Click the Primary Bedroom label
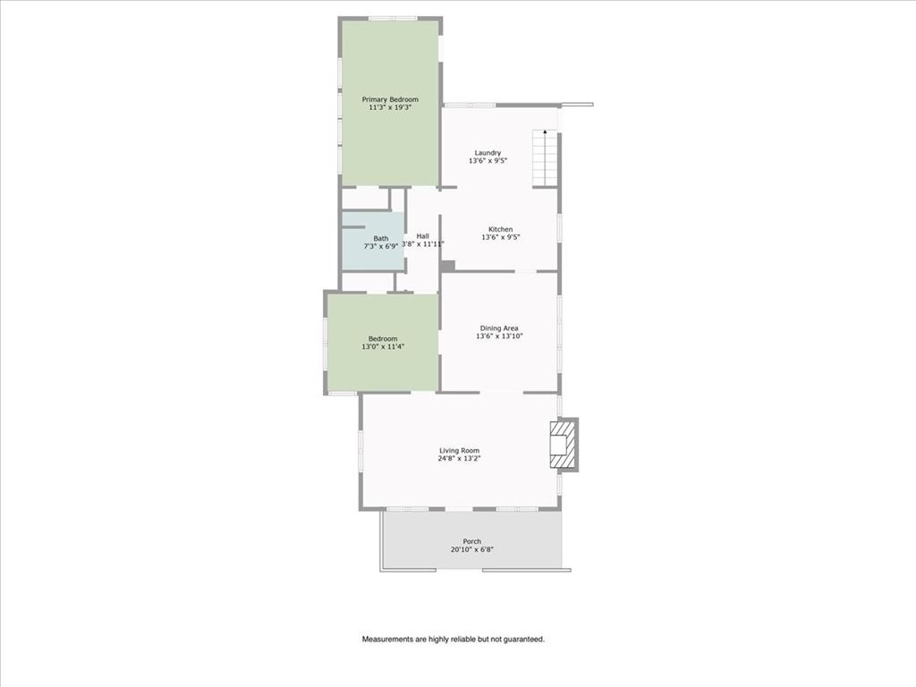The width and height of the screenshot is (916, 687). coord(389,99)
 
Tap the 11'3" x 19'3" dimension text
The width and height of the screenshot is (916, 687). coord(389,107)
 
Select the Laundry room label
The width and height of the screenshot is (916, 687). coord(488,153)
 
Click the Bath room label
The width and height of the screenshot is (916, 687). coord(381,238)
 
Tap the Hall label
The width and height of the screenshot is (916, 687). coord(422,235)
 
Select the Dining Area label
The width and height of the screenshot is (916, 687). coord(499,328)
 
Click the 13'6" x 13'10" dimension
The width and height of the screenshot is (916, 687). coord(499,336)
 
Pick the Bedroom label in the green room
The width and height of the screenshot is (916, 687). coord(383,338)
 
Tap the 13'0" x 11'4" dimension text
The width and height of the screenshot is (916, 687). coord(383,346)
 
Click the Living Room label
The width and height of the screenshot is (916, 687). coord(459,451)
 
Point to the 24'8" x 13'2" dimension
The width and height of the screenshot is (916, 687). coord(459,459)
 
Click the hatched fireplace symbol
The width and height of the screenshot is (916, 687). coord(561,445)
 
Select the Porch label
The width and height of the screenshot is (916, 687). coord(471,541)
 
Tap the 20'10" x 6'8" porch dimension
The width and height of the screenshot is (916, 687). coord(471,549)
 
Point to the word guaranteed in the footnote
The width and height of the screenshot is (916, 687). coord(523,640)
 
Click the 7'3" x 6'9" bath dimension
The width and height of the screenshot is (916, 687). coord(381,246)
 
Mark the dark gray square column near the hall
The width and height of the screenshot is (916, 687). coord(447,266)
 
